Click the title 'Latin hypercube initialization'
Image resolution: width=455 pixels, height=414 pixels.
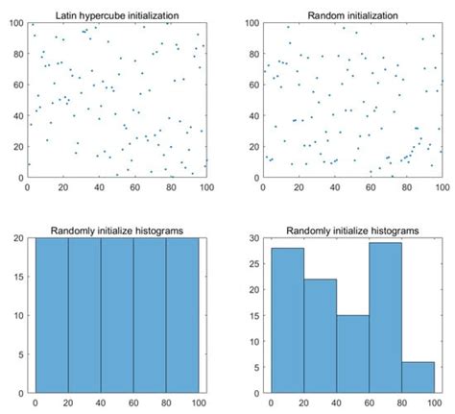tap(117, 15)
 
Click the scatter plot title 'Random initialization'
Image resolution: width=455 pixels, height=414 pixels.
tap(352, 15)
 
